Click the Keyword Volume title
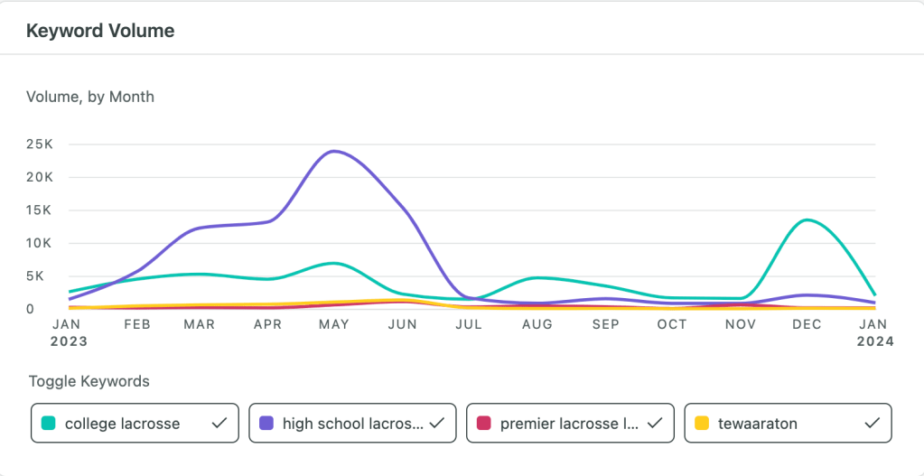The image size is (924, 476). click(100, 31)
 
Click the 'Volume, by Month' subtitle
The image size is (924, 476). click(90, 97)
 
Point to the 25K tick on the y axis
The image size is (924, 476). click(41, 145)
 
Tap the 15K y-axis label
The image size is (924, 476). click(41, 210)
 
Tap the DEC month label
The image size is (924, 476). click(807, 325)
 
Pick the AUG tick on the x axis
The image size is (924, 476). click(537, 325)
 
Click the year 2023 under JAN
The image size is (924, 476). click(69, 341)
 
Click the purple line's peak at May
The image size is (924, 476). click(335, 151)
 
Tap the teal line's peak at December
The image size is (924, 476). click(807, 219)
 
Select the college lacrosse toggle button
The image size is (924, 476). click(135, 423)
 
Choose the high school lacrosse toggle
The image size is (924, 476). click(352, 423)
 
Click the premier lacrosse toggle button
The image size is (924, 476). click(570, 423)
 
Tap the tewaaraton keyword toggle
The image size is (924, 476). click(788, 423)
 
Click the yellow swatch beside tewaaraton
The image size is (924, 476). click(702, 423)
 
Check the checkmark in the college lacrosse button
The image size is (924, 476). click(218, 423)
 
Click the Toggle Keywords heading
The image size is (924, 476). click(89, 381)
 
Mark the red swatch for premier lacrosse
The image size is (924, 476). click(484, 423)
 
